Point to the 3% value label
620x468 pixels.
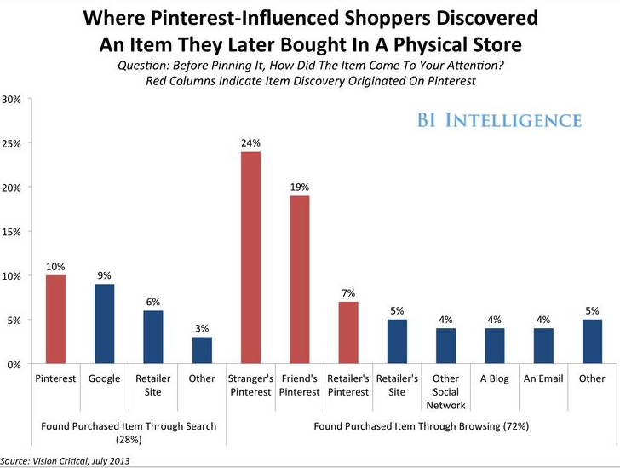(203, 328)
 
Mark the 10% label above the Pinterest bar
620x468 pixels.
(55, 266)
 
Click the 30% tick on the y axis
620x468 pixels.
(11, 99)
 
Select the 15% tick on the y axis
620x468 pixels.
(11, 232)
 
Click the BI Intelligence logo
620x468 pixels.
(499, 120)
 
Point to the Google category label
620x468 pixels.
(105, 378)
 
